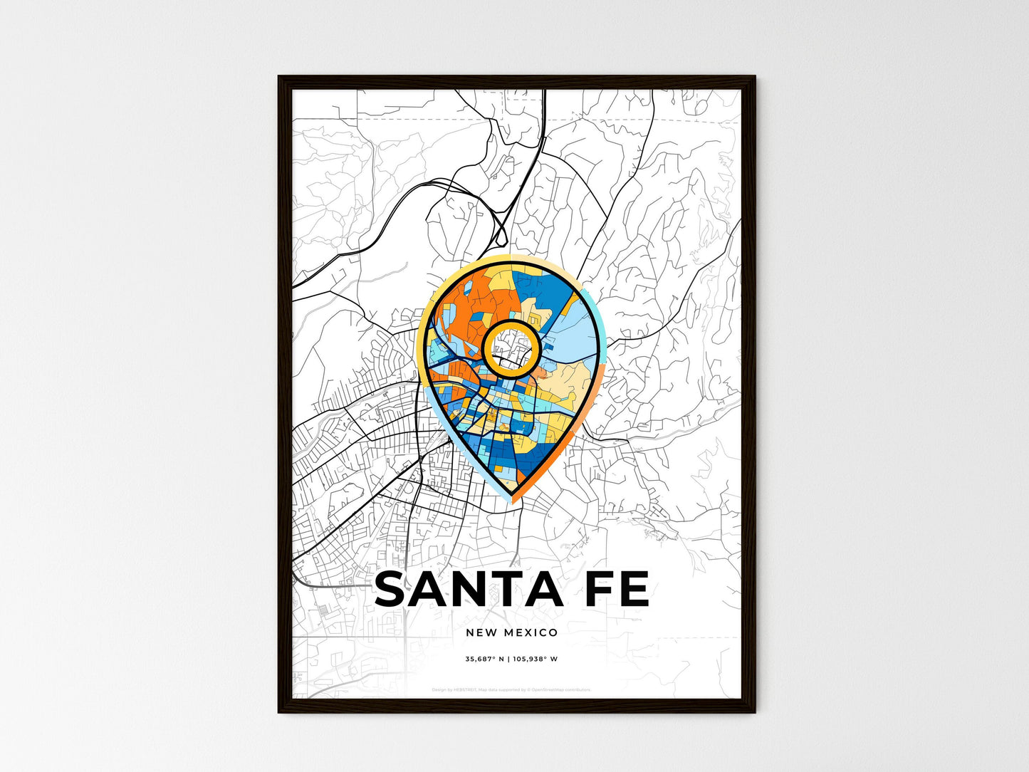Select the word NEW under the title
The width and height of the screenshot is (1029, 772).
(x=481, y=632)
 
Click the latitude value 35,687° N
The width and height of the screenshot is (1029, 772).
(x=485, y=659)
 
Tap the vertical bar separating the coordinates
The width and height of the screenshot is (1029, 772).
(x=510, y=659)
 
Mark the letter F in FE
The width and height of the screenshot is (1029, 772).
(x=602, y=590)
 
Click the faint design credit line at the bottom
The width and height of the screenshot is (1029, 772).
(x=511, y=689)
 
